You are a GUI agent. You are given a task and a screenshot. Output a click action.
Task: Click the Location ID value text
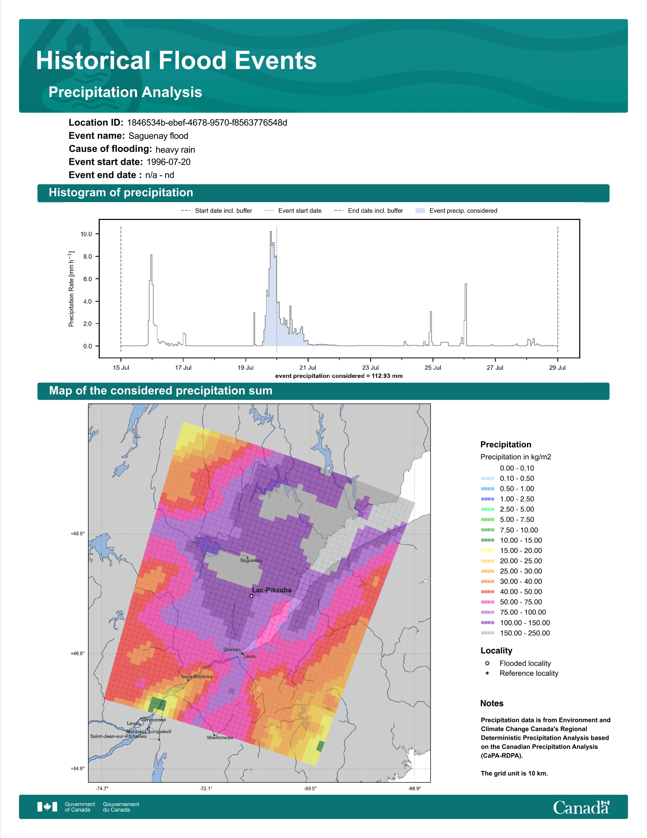207,123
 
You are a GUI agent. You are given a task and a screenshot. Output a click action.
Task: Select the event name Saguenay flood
158,136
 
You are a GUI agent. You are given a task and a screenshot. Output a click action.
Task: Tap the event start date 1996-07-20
169,162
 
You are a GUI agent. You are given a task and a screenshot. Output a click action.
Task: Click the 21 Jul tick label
308,368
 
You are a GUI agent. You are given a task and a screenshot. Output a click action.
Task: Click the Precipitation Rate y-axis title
71,289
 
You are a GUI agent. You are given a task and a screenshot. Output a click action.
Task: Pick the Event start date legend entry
293,211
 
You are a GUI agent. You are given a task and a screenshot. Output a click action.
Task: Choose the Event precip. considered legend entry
456,211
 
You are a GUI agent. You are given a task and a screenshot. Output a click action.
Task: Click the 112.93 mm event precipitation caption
339,376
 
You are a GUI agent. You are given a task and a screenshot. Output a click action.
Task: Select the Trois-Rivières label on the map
196,676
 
